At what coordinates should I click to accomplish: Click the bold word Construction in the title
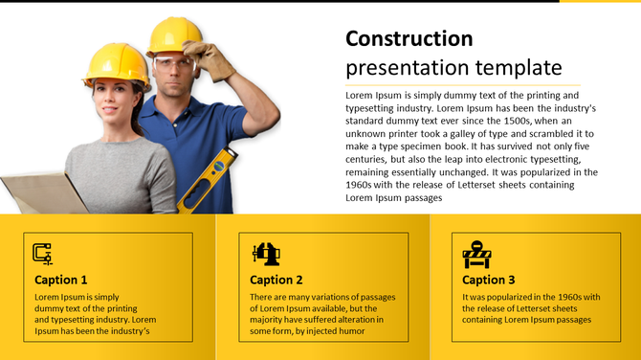click(x=409, y=39)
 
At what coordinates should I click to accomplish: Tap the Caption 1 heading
click(x=61, y=280)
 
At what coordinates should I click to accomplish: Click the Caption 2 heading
click(x=276, y=280)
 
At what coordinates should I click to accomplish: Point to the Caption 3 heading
click(x=489, y=280)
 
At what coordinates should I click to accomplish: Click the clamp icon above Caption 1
click(x=42, y=254)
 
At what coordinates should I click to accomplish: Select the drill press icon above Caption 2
click(x=265, y=254)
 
